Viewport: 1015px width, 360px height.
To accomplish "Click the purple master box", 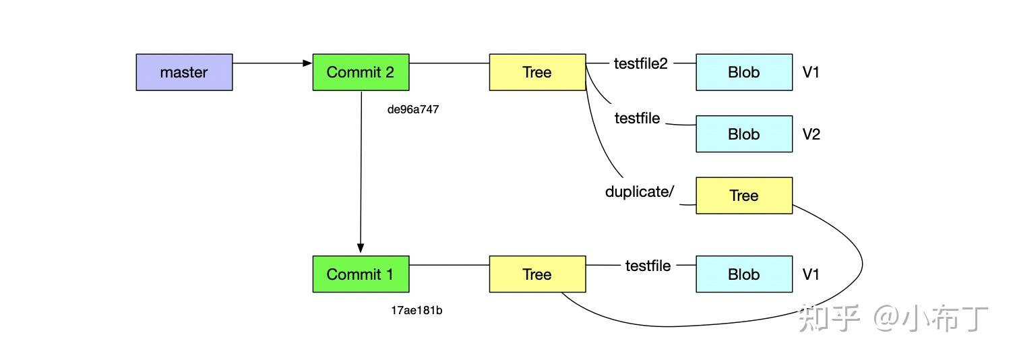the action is [x=185, y=72].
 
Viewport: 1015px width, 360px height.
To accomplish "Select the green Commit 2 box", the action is [x=361, y=72].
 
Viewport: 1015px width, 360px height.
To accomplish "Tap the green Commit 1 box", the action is [x=361, y=274].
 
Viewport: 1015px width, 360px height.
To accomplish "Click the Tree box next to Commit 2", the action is [x=537, y=72].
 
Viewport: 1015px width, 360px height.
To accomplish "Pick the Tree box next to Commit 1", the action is [x=537, y=274].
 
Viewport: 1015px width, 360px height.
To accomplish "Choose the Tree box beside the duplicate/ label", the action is [x=744, y=196].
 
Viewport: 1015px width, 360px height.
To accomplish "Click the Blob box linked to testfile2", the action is [x=744, y=72].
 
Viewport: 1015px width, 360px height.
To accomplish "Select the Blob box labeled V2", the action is [x=744, y=133].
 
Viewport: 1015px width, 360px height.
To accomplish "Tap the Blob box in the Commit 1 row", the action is [x=744, y=274].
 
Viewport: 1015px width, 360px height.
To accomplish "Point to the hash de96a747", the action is [x=412, y=109].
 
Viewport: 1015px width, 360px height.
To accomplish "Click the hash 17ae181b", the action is [x=417, y=310].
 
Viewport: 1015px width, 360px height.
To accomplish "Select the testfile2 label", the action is [x=641, y=63].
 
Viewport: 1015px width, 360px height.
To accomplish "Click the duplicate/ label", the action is [x=640, y=191].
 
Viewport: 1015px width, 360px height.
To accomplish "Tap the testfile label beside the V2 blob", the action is [x=637, y=118].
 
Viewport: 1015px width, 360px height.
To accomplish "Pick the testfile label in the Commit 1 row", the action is [x=648, y=266].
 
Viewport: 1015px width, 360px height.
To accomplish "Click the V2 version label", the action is [x=811, y=134].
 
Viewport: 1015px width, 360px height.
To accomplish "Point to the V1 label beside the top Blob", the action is [x=811, y=72].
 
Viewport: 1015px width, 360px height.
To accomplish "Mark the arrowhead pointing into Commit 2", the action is [x=307, y=63].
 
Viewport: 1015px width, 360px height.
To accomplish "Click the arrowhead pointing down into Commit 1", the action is [x=361, y=248].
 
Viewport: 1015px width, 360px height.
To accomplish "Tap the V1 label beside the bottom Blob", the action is [x=811, y=274].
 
